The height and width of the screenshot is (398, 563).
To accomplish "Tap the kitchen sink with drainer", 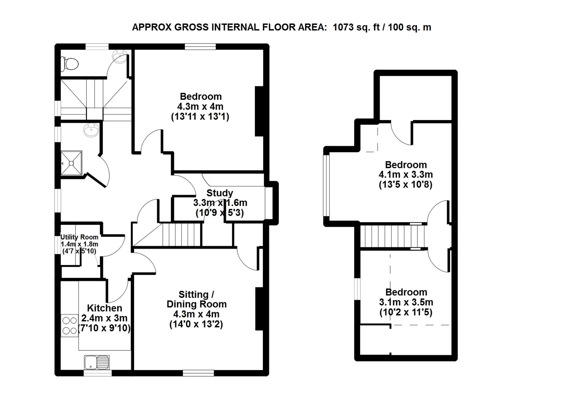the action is coord(97,362).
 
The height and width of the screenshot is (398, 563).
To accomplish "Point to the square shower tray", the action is coord(71,163).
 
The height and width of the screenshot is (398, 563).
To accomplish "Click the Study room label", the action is coord(220,193).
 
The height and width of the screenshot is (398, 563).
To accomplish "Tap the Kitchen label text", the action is coord(105,308).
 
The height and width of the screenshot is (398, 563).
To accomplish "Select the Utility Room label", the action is coord(80,237).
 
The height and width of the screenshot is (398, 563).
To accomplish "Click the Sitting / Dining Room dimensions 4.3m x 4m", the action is coord(196,314).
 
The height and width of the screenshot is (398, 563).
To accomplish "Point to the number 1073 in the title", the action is coord(344,27).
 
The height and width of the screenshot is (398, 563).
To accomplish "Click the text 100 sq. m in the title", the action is coord(410,27).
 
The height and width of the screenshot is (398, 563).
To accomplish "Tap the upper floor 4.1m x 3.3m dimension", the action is coord(406,175).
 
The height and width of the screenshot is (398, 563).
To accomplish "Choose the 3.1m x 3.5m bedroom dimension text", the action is coord(406,302).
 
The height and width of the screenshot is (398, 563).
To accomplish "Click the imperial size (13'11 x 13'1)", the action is coord(200,116).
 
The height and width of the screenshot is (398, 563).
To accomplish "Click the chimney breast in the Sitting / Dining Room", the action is coord(259,309).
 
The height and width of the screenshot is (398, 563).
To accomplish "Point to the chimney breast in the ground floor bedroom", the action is coord(259,111).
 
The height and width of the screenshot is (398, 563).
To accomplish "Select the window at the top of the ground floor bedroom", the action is coord(200,47).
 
